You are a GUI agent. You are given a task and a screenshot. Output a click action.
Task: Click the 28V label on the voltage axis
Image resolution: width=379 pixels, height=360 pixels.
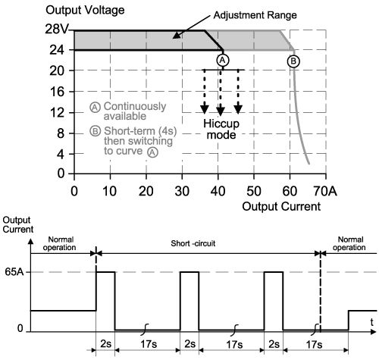57,30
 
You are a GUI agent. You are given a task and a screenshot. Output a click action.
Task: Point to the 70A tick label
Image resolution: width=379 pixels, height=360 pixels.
325,191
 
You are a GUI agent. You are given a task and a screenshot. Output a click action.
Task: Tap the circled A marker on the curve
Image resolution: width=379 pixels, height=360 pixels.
223,60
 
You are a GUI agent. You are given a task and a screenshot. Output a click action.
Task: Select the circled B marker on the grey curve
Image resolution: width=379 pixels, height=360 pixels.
293,61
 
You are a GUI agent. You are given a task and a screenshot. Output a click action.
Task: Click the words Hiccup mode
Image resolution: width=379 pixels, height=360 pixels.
221,129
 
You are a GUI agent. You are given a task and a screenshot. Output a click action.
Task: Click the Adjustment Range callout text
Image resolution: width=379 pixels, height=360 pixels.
255,15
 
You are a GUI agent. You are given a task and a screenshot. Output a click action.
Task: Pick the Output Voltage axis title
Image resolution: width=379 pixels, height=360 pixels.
85,10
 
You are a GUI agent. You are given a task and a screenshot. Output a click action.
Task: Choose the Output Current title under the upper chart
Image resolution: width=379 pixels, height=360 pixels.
281,206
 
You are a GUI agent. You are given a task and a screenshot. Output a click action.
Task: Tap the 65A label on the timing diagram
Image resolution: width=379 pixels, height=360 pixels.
14,272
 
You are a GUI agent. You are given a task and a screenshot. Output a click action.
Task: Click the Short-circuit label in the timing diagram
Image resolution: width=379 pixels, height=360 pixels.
193,243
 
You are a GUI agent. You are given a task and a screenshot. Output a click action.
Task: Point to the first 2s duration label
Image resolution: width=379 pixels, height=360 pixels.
105,344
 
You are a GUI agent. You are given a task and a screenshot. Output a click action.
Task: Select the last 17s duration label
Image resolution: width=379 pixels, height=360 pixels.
314,344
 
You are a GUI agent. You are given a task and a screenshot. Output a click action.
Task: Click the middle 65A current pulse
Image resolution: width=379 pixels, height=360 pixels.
189,272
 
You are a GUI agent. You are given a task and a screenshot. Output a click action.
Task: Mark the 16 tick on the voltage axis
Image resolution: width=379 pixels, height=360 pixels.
57,92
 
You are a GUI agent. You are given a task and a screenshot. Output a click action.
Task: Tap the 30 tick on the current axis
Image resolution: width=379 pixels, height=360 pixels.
182,191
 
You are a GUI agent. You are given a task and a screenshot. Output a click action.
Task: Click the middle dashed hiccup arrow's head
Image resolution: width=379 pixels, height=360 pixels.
221,111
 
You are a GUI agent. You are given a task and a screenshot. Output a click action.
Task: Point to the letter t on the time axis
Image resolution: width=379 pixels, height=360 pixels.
371,322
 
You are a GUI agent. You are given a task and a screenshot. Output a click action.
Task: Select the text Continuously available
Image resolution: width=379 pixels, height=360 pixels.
135,111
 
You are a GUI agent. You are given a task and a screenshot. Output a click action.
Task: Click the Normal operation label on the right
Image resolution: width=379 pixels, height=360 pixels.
349,243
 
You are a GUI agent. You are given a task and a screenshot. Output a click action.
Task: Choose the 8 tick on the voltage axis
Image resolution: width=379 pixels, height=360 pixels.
61,133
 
